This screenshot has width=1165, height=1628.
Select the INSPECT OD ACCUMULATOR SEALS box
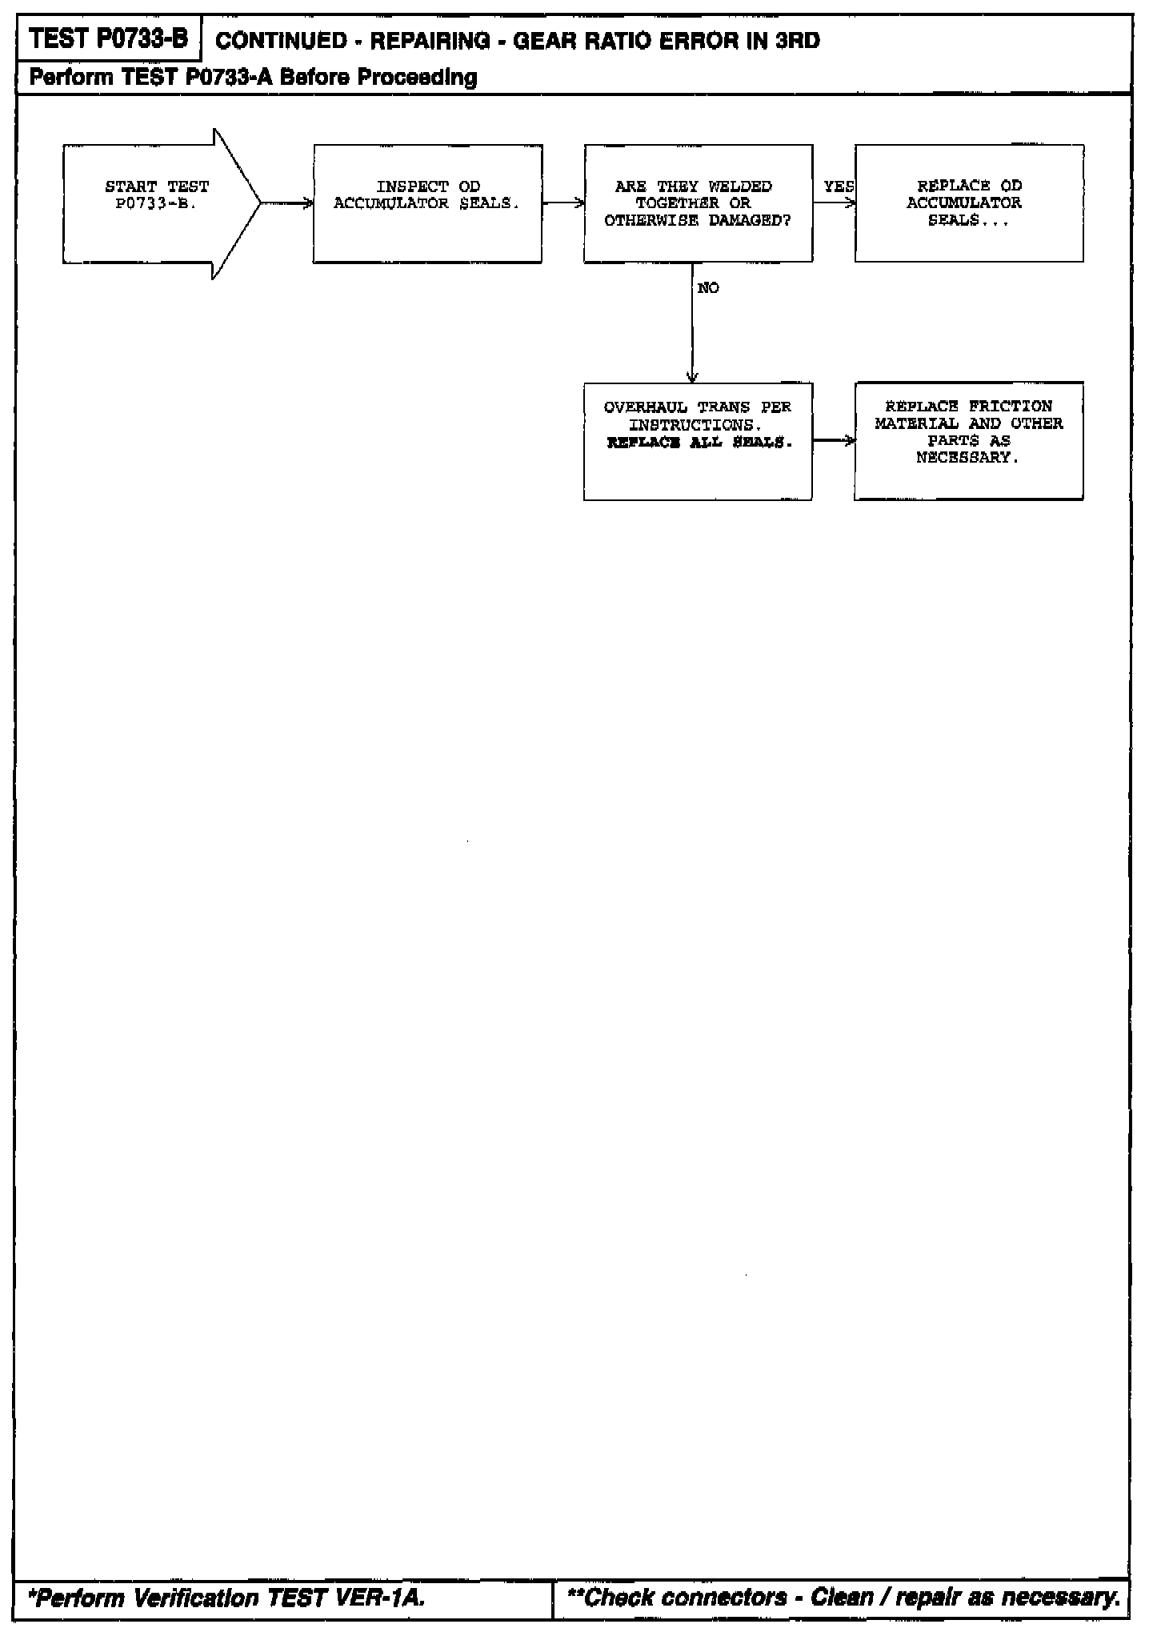(x=427, y=203)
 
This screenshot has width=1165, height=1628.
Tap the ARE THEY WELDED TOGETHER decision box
(x=698, y=203)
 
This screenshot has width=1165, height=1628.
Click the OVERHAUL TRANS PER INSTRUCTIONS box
(x=698, y=441)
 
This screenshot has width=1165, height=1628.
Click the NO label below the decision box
(x=708, y=288)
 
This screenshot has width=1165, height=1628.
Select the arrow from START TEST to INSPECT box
(x=286, y=203)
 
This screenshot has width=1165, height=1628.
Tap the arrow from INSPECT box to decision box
(x=563, y=203)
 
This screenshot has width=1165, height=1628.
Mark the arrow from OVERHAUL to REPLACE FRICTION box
(x=834, y=441)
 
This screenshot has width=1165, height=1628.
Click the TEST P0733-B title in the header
(x=108, y=39)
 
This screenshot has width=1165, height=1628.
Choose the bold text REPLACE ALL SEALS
(x=699, y=443)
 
